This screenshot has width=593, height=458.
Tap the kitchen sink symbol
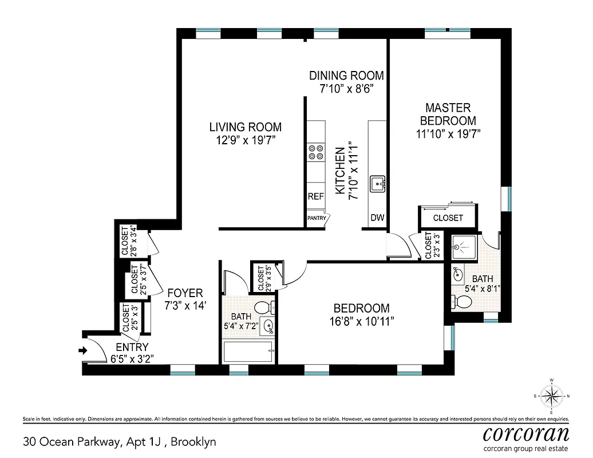[x=378, y=183]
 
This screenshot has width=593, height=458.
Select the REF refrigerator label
[x=315, y=196]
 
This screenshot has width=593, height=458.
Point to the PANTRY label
[x=317, y=218]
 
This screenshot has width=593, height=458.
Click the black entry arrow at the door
[x=84, y=351]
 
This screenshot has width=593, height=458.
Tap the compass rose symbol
[x=552, y=396]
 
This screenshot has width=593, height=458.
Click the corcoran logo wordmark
[x=526, y=432]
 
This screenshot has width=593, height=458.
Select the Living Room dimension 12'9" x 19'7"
[x=245, y=140]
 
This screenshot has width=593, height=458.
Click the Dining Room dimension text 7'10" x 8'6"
[x=346, y=89]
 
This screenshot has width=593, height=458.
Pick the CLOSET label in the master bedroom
[x=448, y=218]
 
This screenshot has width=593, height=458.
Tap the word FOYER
[x=184, y=293]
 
